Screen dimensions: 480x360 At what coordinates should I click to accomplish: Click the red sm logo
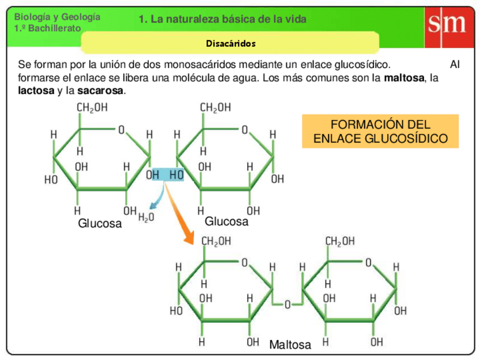tap(446, 26)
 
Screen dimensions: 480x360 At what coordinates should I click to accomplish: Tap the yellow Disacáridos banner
tap(230, 43)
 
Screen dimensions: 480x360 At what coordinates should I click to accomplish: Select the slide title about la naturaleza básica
tap(222, 19)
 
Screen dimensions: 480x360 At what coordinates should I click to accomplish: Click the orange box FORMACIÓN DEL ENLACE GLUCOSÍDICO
tap(380, 131)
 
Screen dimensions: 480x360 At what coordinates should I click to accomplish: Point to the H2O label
tap(146, 217)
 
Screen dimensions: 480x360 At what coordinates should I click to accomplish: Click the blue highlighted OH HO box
tap(165, 175)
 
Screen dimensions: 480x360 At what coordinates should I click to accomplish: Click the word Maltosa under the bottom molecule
tap(290, 345)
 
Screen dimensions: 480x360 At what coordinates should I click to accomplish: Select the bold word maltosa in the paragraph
tap(404, 78)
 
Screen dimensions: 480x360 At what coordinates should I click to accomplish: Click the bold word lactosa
tap(36, 91)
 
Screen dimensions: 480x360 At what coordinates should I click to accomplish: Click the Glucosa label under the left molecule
tap(100, 224)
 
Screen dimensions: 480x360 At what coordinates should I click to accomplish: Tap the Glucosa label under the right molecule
tap(226, 221)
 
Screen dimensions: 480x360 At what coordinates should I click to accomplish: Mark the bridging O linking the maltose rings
tap(288, 305)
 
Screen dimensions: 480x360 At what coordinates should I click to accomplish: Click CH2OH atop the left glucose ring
tap(91, 108)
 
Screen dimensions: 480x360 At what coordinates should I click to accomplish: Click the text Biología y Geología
tap(57, 17)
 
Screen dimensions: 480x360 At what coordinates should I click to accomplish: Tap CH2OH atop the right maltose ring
tap(340, 241)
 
